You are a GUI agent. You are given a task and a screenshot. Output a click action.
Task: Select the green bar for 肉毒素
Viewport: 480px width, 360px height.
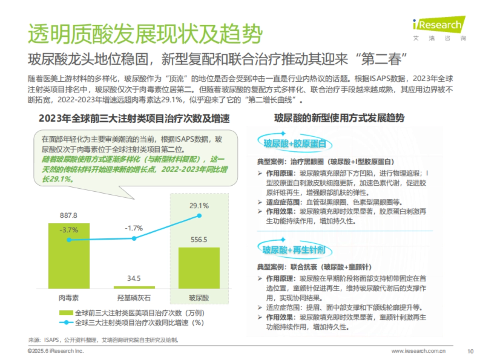[x=69, y=256]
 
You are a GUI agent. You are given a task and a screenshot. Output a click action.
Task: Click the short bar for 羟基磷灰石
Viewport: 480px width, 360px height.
[x=134, y=287]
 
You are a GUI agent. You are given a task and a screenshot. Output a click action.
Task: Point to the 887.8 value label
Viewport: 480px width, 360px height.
[x=68, y=216]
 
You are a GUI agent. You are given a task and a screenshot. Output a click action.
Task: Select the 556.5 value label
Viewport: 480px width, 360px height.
[x=199, y=240]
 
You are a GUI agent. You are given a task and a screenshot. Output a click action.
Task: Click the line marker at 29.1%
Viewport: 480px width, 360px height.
[x=199, y=216]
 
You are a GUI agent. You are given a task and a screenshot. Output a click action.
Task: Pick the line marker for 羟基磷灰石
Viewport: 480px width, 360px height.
[x=134, y=238]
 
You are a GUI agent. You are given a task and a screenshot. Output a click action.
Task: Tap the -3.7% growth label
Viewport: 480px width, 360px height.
[x=68, y=230]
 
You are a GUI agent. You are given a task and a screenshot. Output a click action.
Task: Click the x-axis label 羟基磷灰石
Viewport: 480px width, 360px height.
[x=134, y=298]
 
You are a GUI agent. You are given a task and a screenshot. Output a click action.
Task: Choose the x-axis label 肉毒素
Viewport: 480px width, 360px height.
[x=68, y=298]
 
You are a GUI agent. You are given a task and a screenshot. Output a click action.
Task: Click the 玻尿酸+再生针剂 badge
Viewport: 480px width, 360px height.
[x=293, y=250]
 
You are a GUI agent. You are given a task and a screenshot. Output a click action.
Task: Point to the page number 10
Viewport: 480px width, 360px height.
[x=470, y=351]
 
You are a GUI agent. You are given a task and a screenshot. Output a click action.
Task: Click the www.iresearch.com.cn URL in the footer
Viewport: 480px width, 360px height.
[x=418, y=351]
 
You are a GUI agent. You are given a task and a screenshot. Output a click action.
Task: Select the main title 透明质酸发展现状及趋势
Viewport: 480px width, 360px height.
[x=145, y=34]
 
